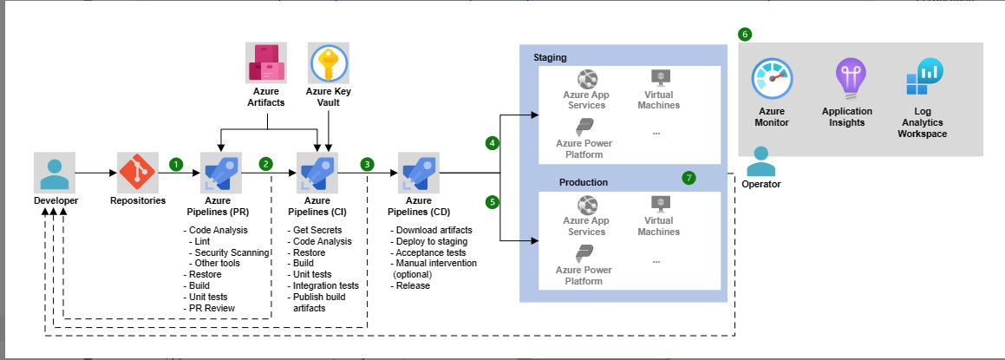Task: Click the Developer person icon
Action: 54,172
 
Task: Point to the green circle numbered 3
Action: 369,163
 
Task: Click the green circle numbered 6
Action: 745,35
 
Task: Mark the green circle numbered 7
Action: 689,177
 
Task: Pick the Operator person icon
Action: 762,161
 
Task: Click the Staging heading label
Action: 550,57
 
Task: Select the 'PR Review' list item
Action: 215,308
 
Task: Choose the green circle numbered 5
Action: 493,201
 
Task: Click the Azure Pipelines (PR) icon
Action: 221,172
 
